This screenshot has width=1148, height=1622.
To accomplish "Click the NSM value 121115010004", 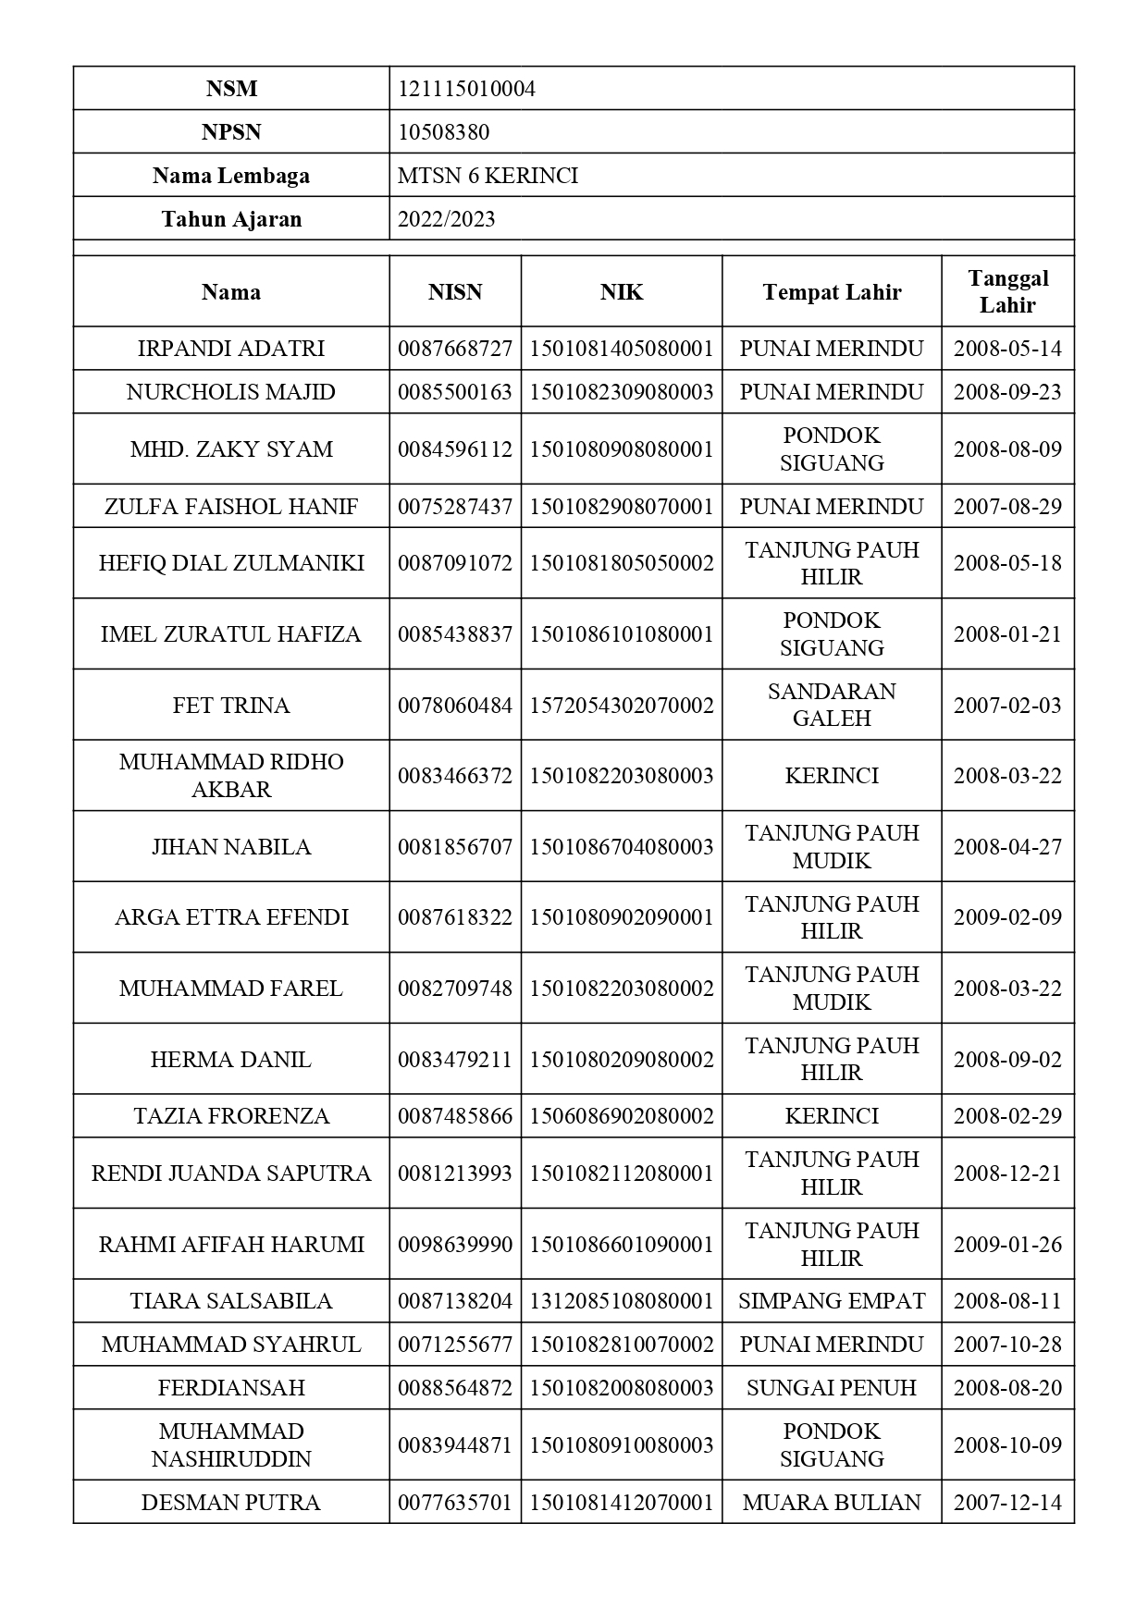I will pos(466,89).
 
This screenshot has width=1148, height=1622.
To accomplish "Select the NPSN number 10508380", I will pos(443,132).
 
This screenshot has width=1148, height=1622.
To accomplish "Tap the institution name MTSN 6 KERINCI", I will pos(488,176).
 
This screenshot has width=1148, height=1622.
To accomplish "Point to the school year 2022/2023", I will pos(446,219).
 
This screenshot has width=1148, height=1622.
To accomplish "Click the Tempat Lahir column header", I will pos(832,292).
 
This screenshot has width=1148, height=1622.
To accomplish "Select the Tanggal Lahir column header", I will pos(1007,291).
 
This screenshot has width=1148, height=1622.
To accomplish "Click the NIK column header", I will pos(621,292).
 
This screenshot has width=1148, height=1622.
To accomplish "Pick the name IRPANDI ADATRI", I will pos(231,349).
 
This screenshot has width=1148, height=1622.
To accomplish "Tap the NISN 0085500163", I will pos(454,392).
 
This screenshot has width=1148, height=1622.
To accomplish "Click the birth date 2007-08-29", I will pos(1007,507).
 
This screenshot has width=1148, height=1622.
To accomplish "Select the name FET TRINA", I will pos(231,706).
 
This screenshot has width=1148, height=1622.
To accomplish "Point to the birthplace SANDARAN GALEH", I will pos(832,705).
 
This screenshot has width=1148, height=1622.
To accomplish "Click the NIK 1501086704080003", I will pos(621,847).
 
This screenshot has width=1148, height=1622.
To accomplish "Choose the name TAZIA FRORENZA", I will pos(231,1116).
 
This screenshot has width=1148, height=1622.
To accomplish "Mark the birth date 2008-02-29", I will pos(1007,1116).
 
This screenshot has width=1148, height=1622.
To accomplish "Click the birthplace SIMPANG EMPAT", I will pos(832,1301).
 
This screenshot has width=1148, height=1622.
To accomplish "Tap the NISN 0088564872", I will pos(454,1388).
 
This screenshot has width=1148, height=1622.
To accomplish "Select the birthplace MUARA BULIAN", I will pos(832,1503).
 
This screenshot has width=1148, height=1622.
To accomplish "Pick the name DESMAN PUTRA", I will pos(231,1503).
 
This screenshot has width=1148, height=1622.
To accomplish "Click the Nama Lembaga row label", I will pos(231,176).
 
